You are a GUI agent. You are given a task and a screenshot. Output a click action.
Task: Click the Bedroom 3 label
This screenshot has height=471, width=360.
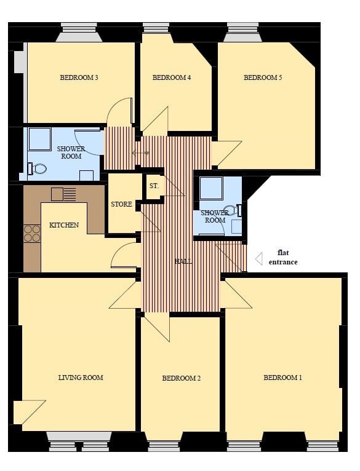[x=79, y=77]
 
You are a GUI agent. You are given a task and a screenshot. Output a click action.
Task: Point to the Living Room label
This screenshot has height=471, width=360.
[x=81, y=378]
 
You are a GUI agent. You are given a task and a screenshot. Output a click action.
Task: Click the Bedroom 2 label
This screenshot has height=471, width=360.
[x=182, y=378]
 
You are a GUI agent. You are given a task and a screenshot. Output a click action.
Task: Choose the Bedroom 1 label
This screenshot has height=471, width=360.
[x=282, y=378]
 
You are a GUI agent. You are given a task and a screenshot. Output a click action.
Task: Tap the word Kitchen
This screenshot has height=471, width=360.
[x=64, y=225]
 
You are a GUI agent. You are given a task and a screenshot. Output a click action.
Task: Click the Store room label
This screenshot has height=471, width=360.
[x=121, y=204]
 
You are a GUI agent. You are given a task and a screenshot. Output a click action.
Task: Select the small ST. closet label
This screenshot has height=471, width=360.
[x=154, y=185]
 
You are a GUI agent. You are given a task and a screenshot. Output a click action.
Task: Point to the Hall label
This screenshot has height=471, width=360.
[x=183, y=261]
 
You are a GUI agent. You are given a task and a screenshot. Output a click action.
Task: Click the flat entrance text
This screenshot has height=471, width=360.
[x=283, y=257]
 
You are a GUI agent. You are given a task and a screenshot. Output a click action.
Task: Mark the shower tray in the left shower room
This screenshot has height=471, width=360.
[x=40, y=139]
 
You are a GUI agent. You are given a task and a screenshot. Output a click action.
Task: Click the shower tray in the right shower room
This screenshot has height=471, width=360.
[x=211, y=188]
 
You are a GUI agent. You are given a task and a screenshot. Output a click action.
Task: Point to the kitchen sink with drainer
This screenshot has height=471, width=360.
[x=63, y=194]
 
